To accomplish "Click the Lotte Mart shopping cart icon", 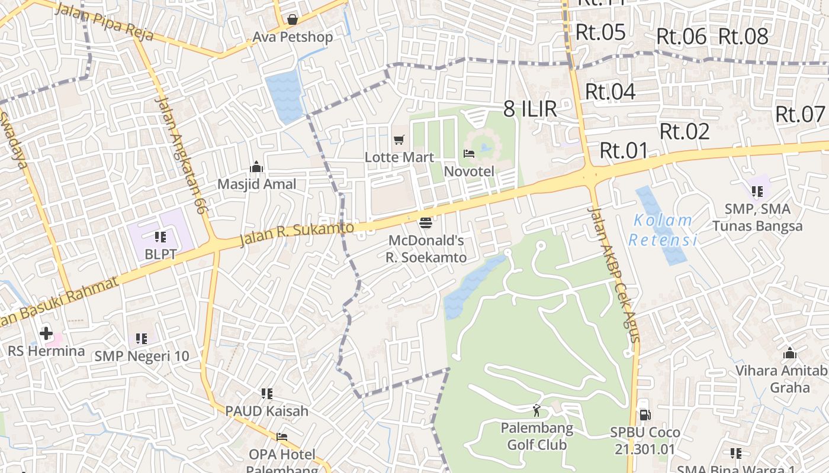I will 399,140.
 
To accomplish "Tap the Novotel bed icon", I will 469,154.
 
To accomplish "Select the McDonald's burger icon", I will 425,223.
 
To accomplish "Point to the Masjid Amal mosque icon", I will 256,167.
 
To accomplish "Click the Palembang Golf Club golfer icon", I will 536,410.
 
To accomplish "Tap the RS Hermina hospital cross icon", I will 46,333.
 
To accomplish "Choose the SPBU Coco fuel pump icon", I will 644,415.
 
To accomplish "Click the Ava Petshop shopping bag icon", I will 292,20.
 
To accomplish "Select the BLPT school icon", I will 160,237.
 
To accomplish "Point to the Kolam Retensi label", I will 663,230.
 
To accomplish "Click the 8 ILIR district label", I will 530,109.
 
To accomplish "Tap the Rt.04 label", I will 610,92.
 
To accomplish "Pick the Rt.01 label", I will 624,151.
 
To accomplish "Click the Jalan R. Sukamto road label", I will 297,234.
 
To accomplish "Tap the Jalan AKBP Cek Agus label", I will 615,274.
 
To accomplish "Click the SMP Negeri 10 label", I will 142,356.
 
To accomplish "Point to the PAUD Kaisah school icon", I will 266,393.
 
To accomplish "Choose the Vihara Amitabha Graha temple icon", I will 789,354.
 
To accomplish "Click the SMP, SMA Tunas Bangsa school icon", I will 757,191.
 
